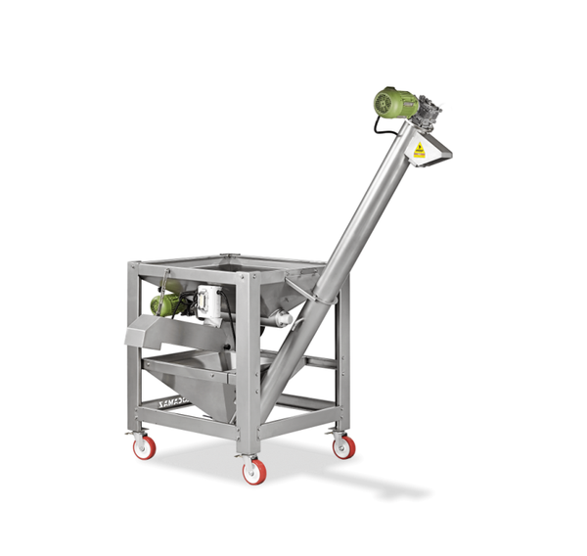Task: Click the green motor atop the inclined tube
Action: click(395, 104)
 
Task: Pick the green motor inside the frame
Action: click(169, 303)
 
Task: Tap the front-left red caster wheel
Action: click(144, 447)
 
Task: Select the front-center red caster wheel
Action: click(252, 471)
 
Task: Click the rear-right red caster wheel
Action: click(342, 445)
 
